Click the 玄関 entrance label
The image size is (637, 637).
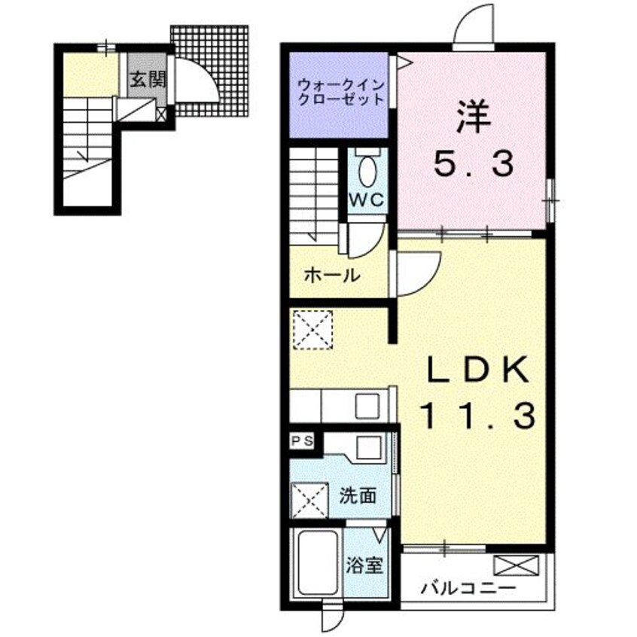pyautogui.click(x=148, y=80)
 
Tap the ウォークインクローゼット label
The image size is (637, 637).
pyautogui.click(x=340, y=92)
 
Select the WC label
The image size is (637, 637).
pyautogui.click(x=367, y=200)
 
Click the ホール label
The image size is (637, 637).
pyautogui.click(x=332, y=276)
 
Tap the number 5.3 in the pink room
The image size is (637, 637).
pyautogui.click(x=474, y=163)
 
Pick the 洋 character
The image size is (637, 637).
pyautogui.click(x=474, y=117)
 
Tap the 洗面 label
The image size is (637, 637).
pyautogui.click(x=358, y=495)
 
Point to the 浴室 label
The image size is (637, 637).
pyautogui.click(x=364, y=565)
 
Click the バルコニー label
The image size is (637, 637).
pyautogui.click(x=468, y=588)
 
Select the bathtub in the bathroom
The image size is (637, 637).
pyautogui.click(x=318, y=562)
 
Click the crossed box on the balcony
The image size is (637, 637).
pyautogui.click(x=516, y=566)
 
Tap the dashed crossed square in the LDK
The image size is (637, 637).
pyautogui.click(x=312, y=330)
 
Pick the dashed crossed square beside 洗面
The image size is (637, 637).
pyautogui.click(x=310, y=501)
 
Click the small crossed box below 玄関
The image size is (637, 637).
pyautogui.click(x=161, y=114)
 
